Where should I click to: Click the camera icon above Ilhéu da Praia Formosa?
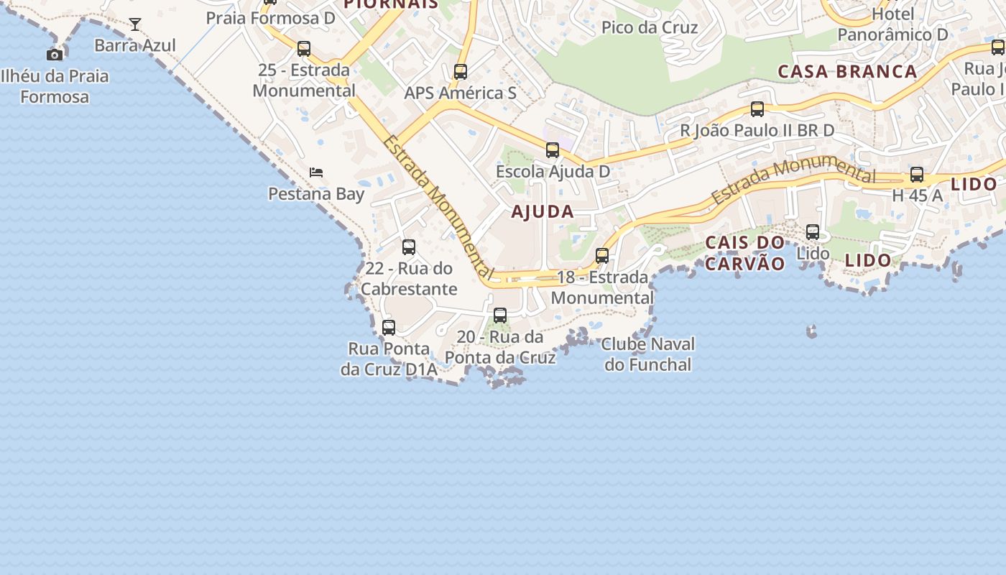click(x=55, y=55)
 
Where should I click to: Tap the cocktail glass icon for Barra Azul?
click(x=135, y=24)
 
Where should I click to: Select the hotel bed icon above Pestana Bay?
click(x=316, y=172)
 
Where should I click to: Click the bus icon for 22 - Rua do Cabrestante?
click(x=409, y=247)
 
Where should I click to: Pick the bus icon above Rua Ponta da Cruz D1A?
click(x=389, y=328)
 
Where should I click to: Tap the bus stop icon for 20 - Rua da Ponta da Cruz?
click(x=500, y=316)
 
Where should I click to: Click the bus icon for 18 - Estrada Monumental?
click(x=602, y=256)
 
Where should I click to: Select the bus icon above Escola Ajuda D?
click(x=553, y=150)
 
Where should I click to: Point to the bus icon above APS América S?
click(x=461, y=72)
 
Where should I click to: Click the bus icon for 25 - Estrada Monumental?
click(x=304, y=49)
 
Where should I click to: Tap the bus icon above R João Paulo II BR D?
click(x=757, y=109)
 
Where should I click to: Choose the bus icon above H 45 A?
click(x=917, y=175)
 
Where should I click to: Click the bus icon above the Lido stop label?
click(x=813, y=232)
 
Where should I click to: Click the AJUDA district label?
click(x=543, y=212)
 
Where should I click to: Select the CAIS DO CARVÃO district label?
click(x=745, y=253)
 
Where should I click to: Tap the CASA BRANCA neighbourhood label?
click(x=847, y=72)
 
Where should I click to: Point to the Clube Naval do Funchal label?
click(x=647, y=354)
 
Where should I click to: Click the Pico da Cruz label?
click(x=650, y=28)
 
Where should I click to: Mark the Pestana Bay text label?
click(x=316, y=194)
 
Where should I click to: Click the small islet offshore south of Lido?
click(x=812, y=331)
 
